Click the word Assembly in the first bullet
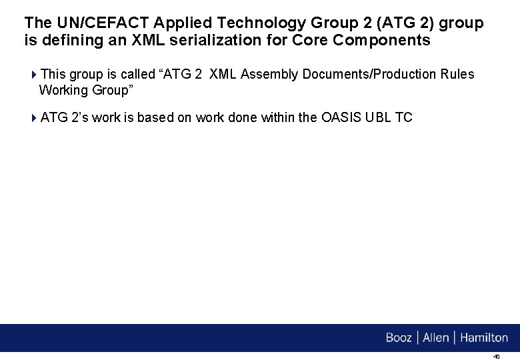tap(270, 74)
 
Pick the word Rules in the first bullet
tap(458, 74)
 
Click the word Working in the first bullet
tap(63, 90)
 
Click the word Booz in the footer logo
tap(399, 338)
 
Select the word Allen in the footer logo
tap(436, 338)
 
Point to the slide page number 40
tap(496, 357)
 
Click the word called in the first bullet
tap(137, 74)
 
